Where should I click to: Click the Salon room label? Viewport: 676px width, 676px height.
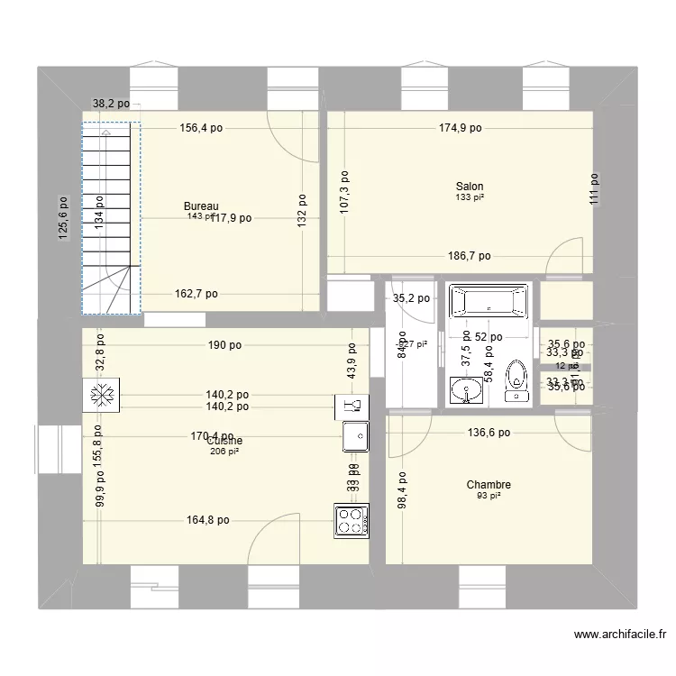pyautogui.click(x=469, y=187)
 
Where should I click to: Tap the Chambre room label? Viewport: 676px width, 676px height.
pyautogui.click(x=489, y=485)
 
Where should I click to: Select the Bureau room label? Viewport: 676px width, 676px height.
pyautogui.click(x=201, y=206)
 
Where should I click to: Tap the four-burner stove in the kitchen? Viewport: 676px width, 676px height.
pyautogui.click(x=351, y=521)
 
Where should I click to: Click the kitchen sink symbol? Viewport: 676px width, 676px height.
pyautogui.click(x=355, y=437)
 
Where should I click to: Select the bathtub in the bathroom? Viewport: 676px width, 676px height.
pyautogui.click(x=488, y=303)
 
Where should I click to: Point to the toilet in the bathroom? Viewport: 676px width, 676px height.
pyautogui.click(x=516, y=380)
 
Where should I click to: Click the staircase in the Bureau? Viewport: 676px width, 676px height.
pyautogui.click(x=111, y=218)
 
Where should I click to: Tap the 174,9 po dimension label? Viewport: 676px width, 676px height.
pyautogui.click(x=460, y=128)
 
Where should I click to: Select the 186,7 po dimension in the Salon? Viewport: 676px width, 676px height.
pyautogui.click(x=469, y=256)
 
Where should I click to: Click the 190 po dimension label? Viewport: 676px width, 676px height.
pyautogui.click(x=224, y=344)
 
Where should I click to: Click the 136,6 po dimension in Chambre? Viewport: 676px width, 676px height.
pyautogui.click(x=488, y=433)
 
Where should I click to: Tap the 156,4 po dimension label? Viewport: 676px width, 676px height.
pyautogui.click(x=201, y=128)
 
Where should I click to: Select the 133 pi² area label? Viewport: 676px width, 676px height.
pyautogui.click(x=469, y=197)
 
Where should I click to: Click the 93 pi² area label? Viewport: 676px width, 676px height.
pyautogui.click(x=489, y=496)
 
